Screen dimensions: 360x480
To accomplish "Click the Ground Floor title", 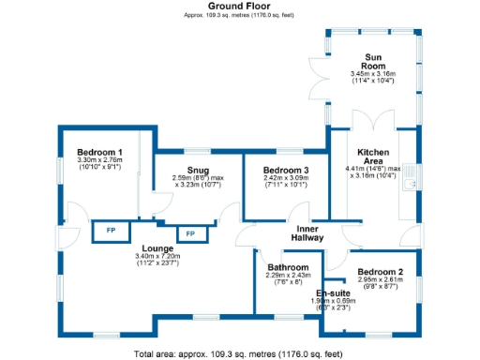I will click(240, 6).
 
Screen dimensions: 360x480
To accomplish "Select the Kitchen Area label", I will click(373, 156).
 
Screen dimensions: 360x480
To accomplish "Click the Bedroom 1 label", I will click(99, 152).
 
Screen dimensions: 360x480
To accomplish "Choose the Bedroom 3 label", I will click(285, 170).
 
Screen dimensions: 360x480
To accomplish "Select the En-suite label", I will click(335, 292).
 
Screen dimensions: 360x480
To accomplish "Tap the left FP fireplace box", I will click(110, 231).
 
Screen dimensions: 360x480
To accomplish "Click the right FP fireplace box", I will click(189, 233).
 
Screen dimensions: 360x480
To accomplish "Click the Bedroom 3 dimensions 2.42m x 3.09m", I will click(285, 181).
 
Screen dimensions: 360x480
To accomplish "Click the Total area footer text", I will click(240, 353).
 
